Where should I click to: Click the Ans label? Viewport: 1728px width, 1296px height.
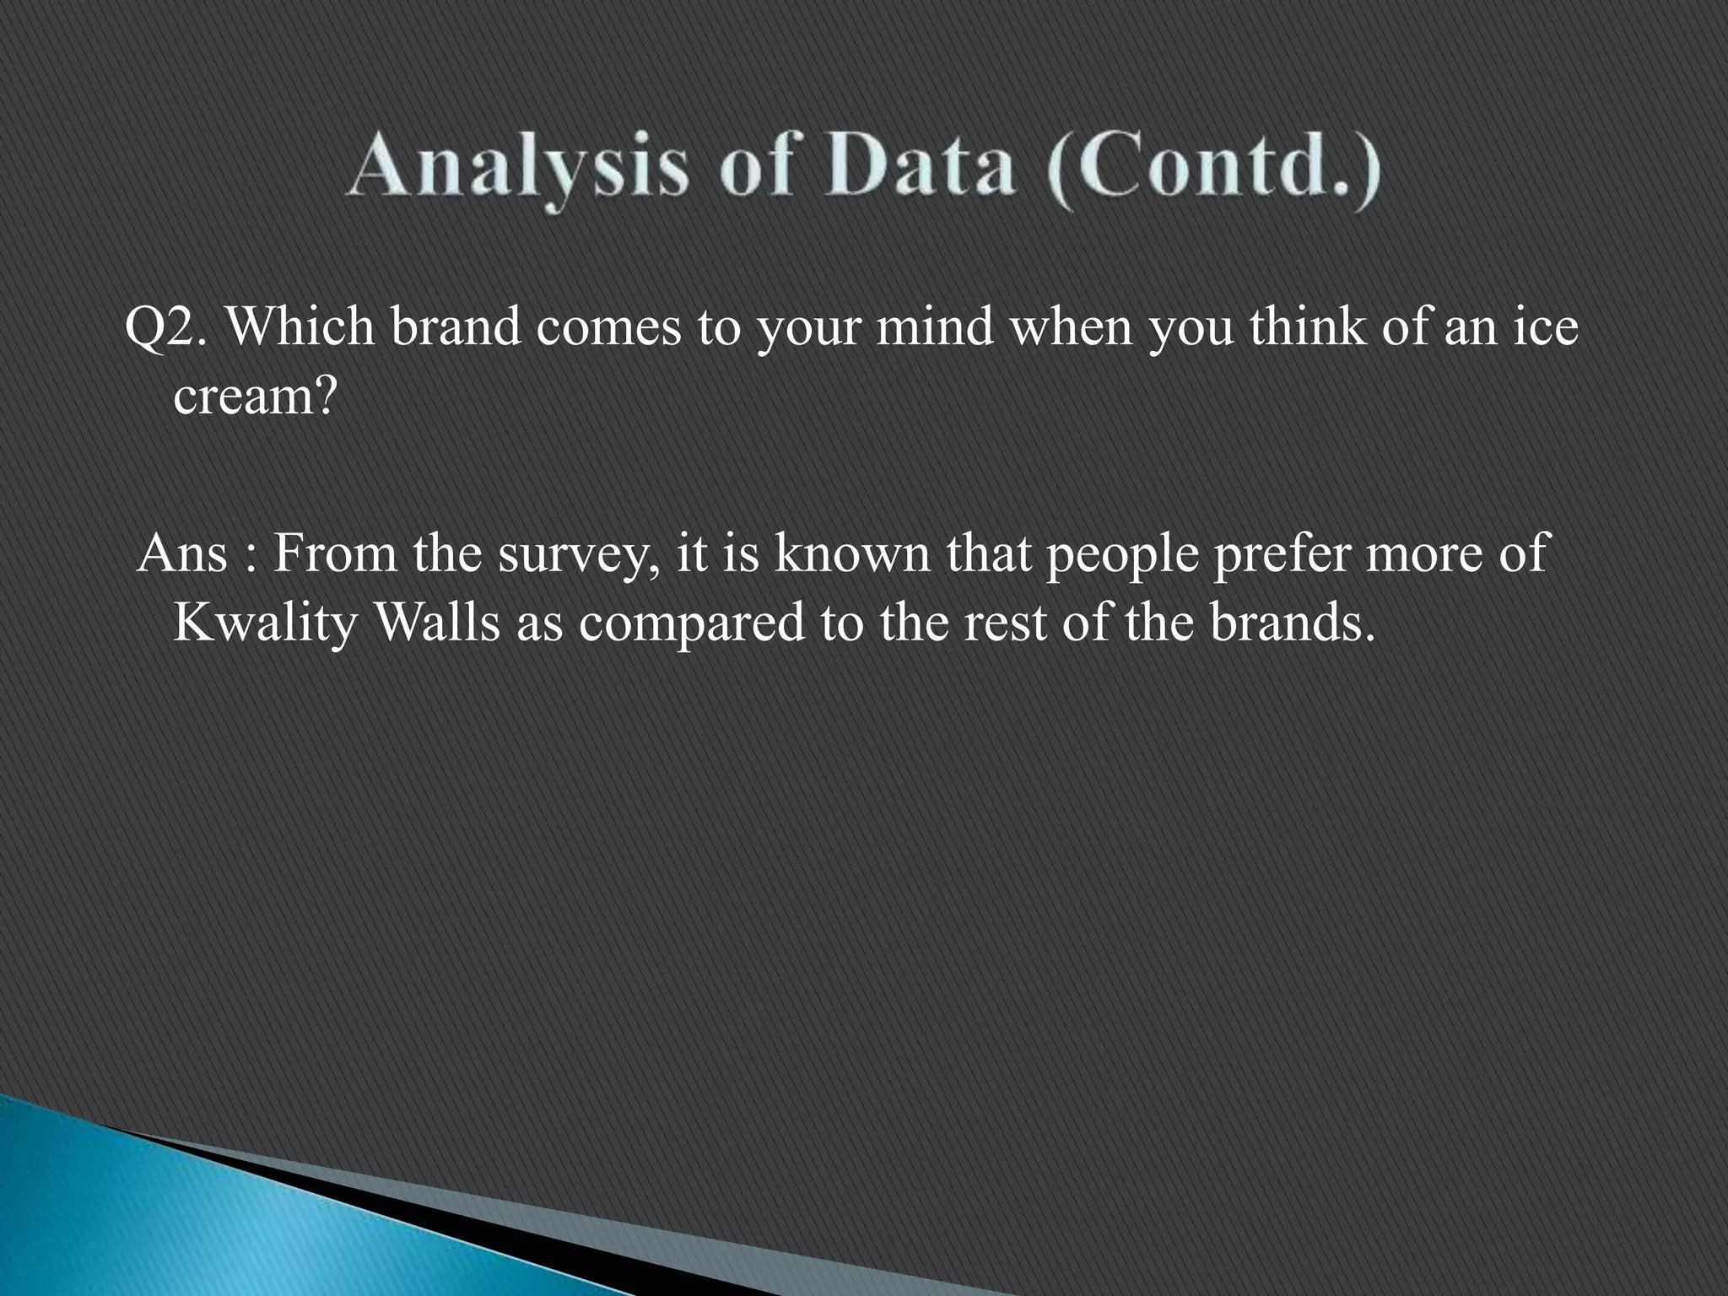182,554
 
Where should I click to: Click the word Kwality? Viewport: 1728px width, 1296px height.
265,625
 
